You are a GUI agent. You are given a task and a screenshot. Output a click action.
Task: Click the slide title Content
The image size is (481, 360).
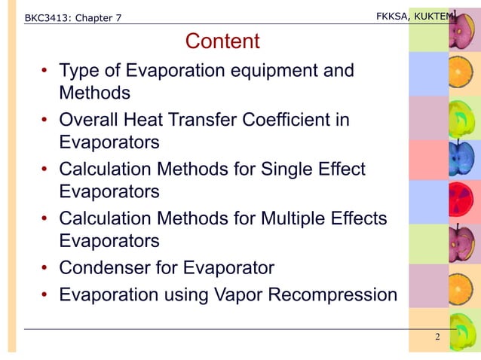222,41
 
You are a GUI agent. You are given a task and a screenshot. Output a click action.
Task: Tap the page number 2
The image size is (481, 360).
437,336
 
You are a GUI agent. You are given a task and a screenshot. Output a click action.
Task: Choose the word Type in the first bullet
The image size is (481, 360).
80,71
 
